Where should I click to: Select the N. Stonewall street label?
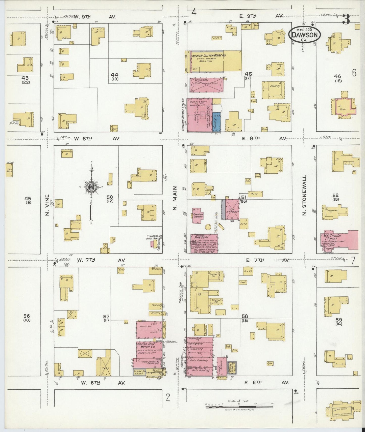pos(305,195)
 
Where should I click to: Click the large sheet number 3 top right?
pos(346,19)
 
